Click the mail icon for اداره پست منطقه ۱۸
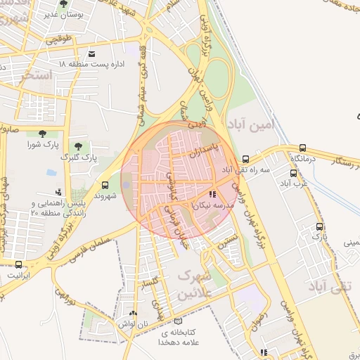[91, 54]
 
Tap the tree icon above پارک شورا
[42, 134]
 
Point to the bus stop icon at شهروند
[105, 185]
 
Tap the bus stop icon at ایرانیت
[19, 264]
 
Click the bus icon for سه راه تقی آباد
[245, 159]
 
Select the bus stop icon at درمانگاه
[303, 148]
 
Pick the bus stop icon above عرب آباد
[293, 173]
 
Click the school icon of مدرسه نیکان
[212, 193]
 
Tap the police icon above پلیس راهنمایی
[58, 191]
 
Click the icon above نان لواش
[133, 312]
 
